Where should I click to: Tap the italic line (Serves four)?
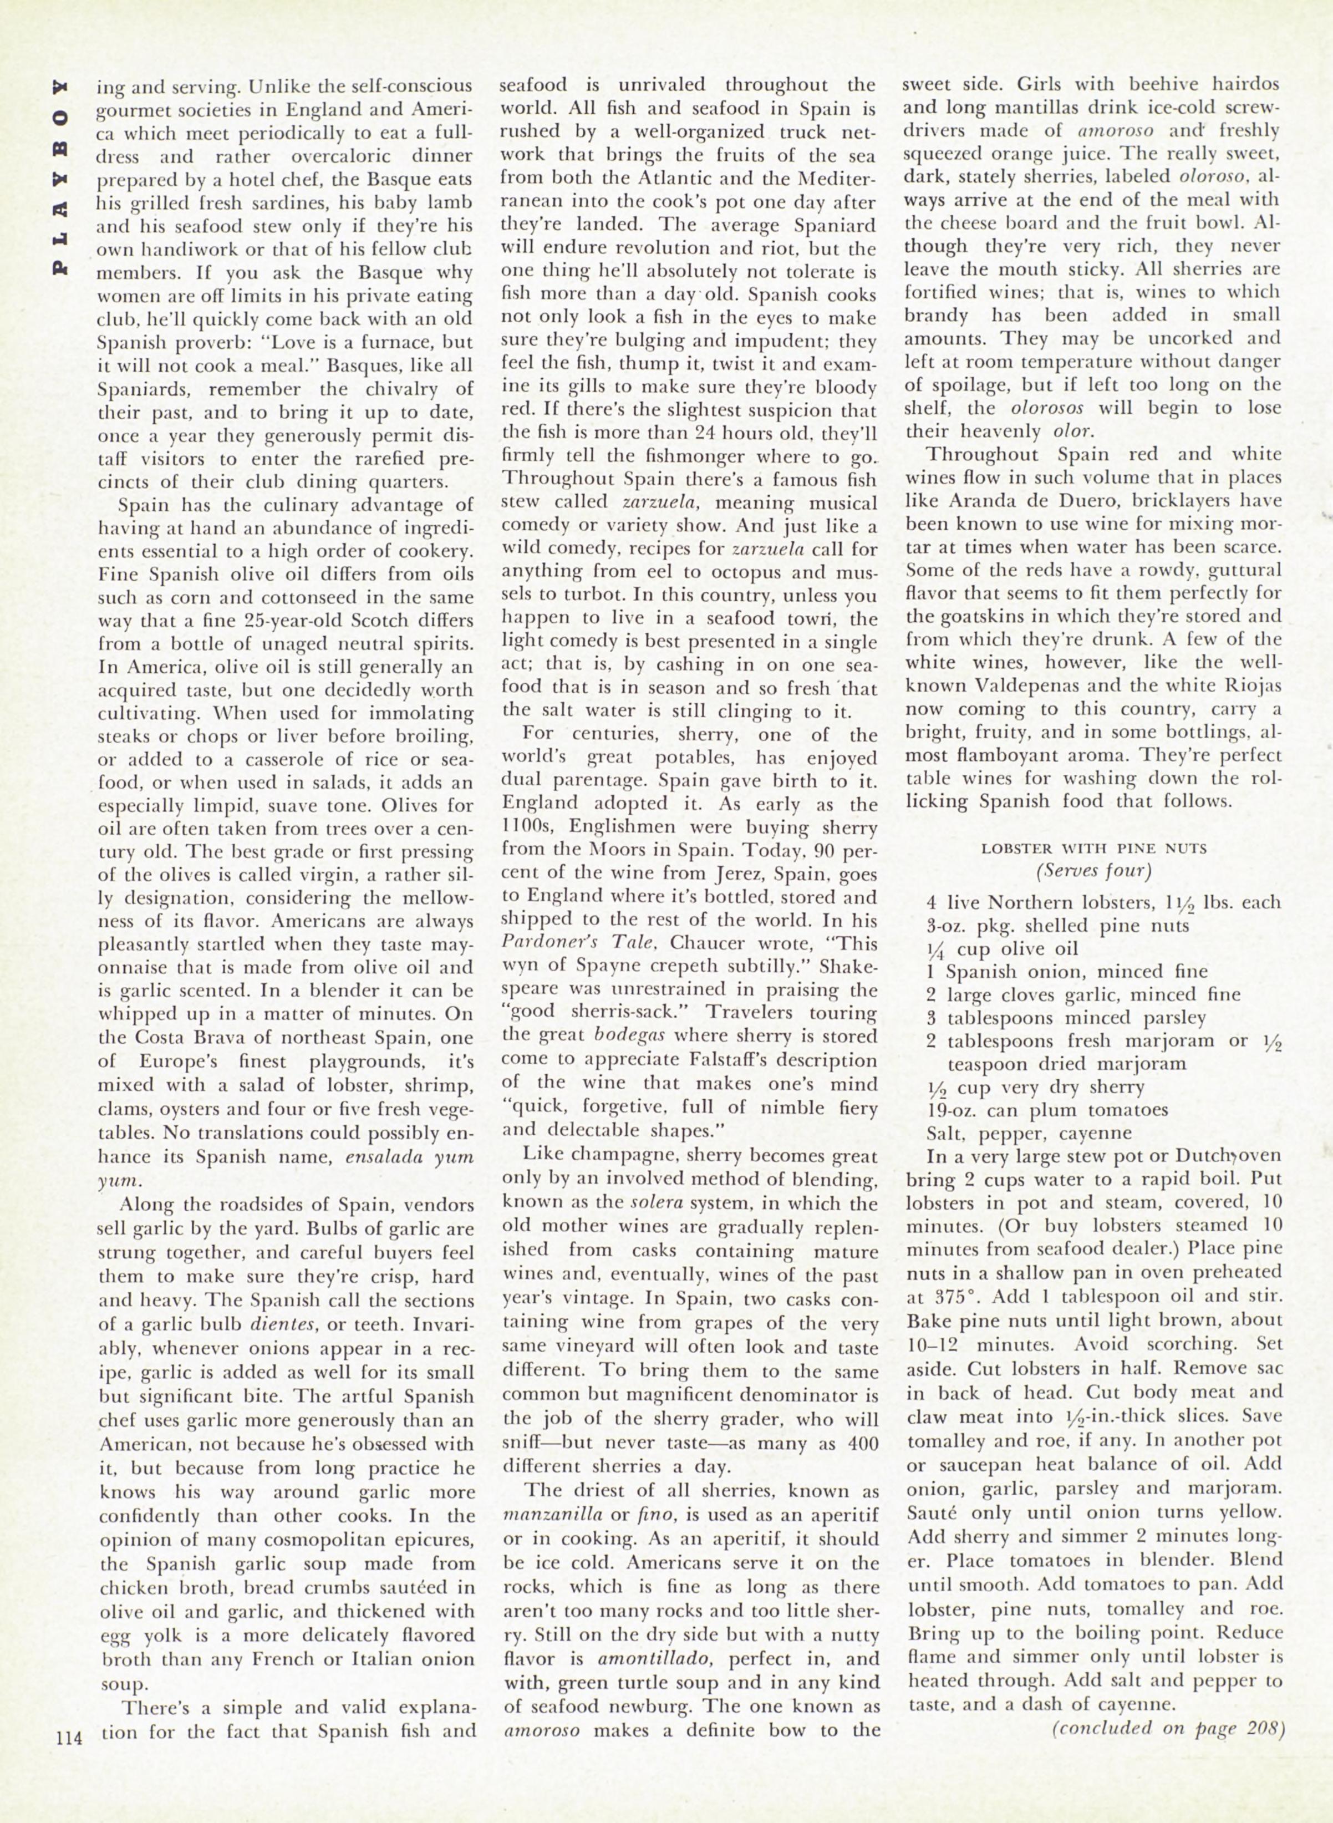tap(1093, 871)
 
